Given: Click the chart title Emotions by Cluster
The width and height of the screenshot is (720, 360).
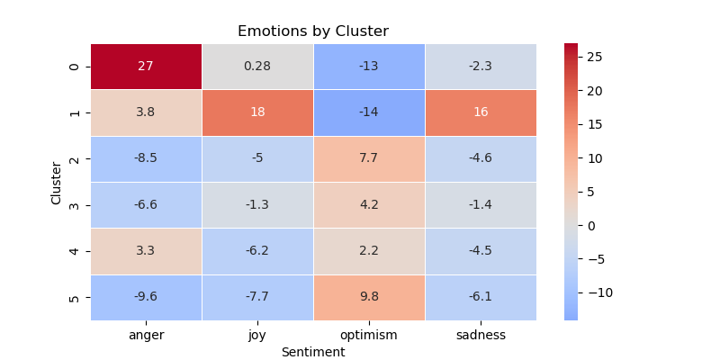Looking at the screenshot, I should click(x=313, y=31).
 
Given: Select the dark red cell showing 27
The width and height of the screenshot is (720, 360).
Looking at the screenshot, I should click(x=146, y=67).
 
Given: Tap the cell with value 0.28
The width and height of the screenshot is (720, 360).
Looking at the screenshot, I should click(x=257, y=67).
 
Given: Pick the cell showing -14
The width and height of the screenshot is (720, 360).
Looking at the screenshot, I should click(x=369, y=112).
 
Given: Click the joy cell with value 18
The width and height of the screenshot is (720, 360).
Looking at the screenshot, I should click(x=257, y=112).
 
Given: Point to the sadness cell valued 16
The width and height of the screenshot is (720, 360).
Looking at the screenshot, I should click(x=481, y=112).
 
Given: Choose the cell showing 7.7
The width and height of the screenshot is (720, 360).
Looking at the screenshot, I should click(x=369, y=158).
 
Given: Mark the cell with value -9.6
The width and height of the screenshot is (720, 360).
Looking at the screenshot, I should click(x=146, y=297).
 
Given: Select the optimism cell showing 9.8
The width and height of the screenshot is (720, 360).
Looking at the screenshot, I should click(x=369, y=297).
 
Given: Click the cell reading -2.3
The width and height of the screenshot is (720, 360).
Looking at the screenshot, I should click(x=481, y=67).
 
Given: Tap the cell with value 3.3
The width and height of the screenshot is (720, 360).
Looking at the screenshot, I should click(x=146, y=251).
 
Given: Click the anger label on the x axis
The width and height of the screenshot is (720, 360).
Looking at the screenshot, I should click(x=146, y=336).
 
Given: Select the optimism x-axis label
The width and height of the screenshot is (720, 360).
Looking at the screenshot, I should click(x=369, y=336).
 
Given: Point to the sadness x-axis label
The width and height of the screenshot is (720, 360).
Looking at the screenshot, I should click(x=481, y=336).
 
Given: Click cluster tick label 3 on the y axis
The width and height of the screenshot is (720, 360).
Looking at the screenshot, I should click(x=74, y=205).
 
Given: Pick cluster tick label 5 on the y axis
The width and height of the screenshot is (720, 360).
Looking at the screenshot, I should click(x=74, y=297).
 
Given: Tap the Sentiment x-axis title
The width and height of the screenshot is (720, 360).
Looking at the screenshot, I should click(x=313, y=352).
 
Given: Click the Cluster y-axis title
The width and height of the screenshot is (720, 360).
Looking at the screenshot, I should click(x=57, y=183).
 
